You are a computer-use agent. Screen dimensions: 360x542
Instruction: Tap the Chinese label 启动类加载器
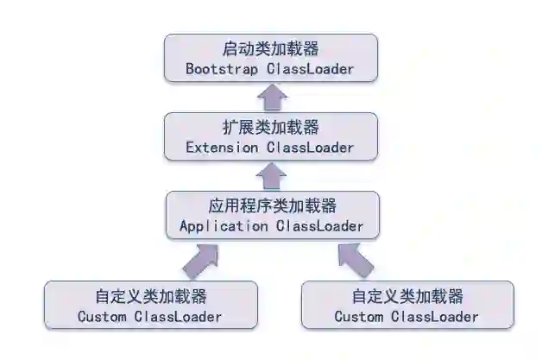click(271, 48)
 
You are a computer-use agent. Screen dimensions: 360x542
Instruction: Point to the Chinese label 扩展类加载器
click(271, 128)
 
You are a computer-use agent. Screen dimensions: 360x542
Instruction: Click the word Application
click(224, 226)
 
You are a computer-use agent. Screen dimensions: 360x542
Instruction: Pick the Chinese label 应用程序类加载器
click(271, 206)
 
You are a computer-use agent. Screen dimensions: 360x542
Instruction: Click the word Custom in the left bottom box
click(102, 316)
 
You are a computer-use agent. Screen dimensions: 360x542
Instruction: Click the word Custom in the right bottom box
click(359, 316)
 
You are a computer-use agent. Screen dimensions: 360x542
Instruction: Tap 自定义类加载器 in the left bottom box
click(150, 296)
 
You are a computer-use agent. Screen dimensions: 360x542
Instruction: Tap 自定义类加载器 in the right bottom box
click(407, 296)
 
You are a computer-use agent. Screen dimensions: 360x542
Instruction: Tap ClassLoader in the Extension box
click(310, 148)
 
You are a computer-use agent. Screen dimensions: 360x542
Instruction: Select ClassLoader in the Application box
click(319, 226)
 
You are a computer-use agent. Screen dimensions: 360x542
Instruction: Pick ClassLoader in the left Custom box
click(179, 316)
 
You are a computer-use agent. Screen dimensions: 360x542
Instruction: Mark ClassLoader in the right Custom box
click(436, 316)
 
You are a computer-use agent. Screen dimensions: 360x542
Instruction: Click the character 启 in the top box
click(230, 48)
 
